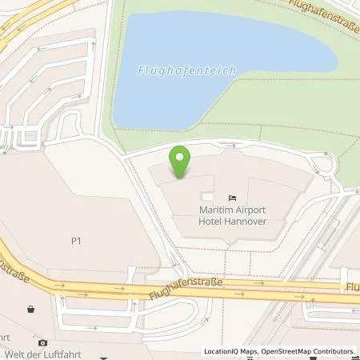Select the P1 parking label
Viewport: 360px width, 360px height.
coord(77,238)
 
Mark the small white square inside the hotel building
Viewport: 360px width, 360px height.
coord(208,196)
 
